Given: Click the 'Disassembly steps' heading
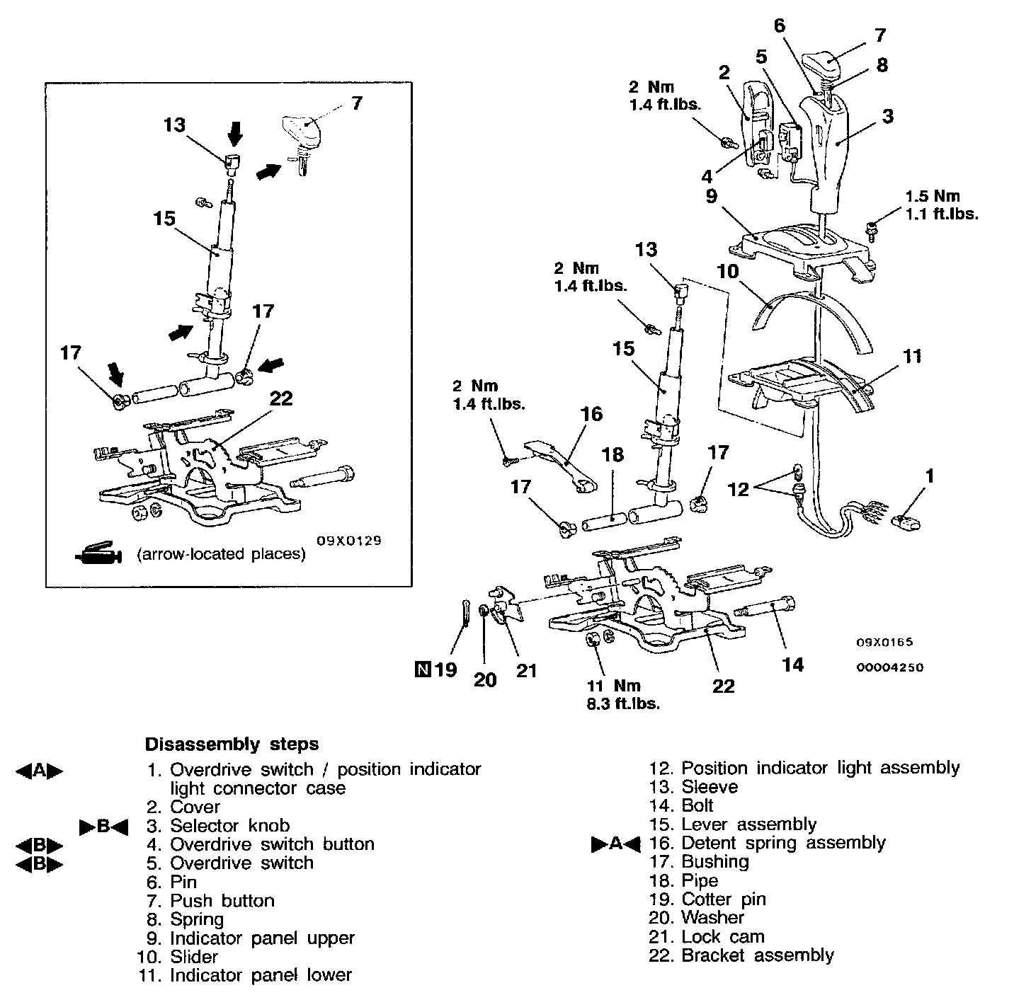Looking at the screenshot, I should coord(232,744).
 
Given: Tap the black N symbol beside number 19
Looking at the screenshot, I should coord(422,668).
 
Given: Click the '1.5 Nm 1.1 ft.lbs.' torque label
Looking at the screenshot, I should coord(942,205).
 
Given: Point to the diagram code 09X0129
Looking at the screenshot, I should coord(349,540).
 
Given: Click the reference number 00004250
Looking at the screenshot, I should coord(890,667).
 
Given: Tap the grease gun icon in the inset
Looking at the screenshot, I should coord(98,553).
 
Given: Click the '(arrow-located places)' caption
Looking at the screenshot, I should coord(221,554).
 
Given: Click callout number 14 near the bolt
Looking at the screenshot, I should coord(792,664).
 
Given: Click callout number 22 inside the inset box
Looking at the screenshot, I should coord(281,398).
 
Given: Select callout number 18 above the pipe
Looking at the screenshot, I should coord(613,454).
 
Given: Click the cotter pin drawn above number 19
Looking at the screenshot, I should coord(465,611).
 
